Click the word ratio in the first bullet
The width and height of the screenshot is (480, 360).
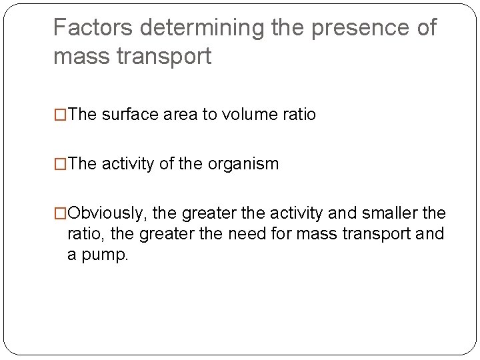pos(299,115)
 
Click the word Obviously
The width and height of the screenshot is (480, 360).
pos(109,213)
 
